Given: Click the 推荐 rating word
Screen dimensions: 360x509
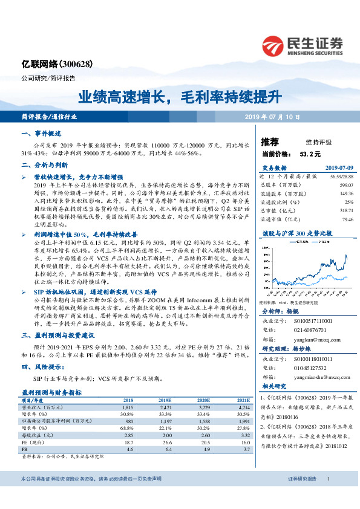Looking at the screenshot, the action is [x=269, y=142].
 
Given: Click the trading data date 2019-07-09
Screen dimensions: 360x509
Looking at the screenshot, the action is [x=338, y=168].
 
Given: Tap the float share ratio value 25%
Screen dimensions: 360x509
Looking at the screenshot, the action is [x=348, y=202].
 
